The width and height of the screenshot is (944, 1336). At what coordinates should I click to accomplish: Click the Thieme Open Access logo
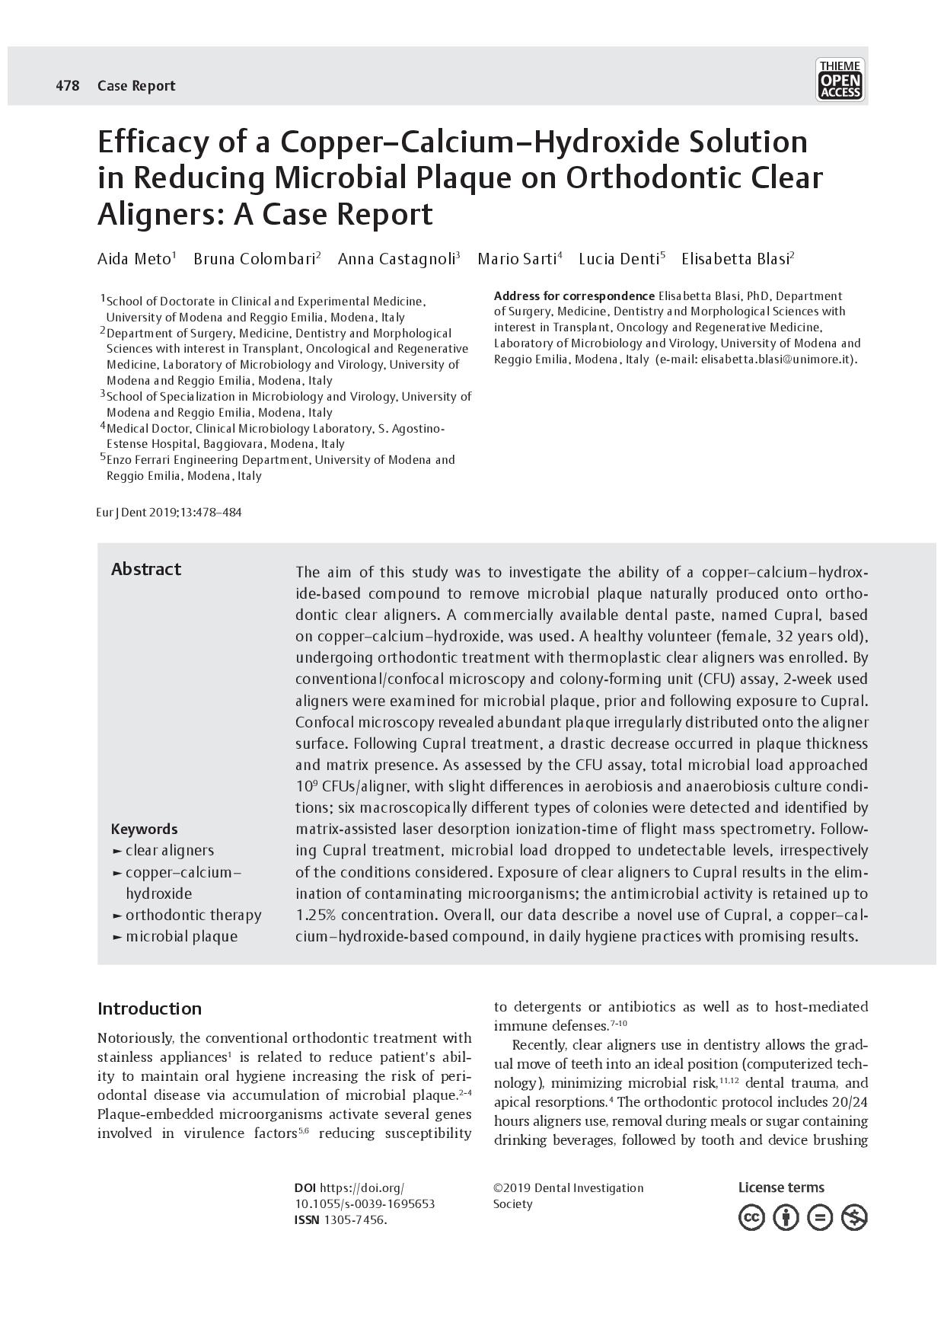pos(840,80)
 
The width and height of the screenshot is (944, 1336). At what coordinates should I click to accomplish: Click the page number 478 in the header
pos(67,86)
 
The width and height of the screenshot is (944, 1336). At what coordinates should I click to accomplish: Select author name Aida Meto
pos(134,259)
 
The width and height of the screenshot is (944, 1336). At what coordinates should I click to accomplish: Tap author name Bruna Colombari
pos(254,259)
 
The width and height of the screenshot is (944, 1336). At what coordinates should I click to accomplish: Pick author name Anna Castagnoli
pos(396,259)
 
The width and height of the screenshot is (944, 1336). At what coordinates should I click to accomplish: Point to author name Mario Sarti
pos(517,259)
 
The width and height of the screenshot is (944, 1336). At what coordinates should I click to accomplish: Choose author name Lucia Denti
pos(619,259)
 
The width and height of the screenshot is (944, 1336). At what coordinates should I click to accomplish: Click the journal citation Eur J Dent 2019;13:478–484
pos(169,513)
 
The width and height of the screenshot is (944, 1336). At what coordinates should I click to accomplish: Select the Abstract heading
pos(146,570)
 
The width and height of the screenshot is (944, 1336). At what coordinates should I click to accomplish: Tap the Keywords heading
pos(144,829)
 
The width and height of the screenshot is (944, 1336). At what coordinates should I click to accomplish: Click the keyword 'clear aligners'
pos(169,851)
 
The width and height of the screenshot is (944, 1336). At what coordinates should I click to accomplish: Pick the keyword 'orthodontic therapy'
pos(193,915)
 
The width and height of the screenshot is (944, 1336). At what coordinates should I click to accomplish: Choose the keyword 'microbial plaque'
pos(181,936)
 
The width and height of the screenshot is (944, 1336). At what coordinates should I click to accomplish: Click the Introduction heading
pos(149,1009)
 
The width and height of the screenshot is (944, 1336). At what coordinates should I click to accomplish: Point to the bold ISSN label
pos(307,1219)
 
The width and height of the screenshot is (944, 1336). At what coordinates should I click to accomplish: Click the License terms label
pos(781,1187)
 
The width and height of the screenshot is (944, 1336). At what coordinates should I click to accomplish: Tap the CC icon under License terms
pos(751,1218)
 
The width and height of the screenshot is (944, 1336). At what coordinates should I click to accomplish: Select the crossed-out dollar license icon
pos(854,1218)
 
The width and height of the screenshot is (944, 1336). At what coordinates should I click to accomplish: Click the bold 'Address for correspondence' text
pos(574,296)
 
